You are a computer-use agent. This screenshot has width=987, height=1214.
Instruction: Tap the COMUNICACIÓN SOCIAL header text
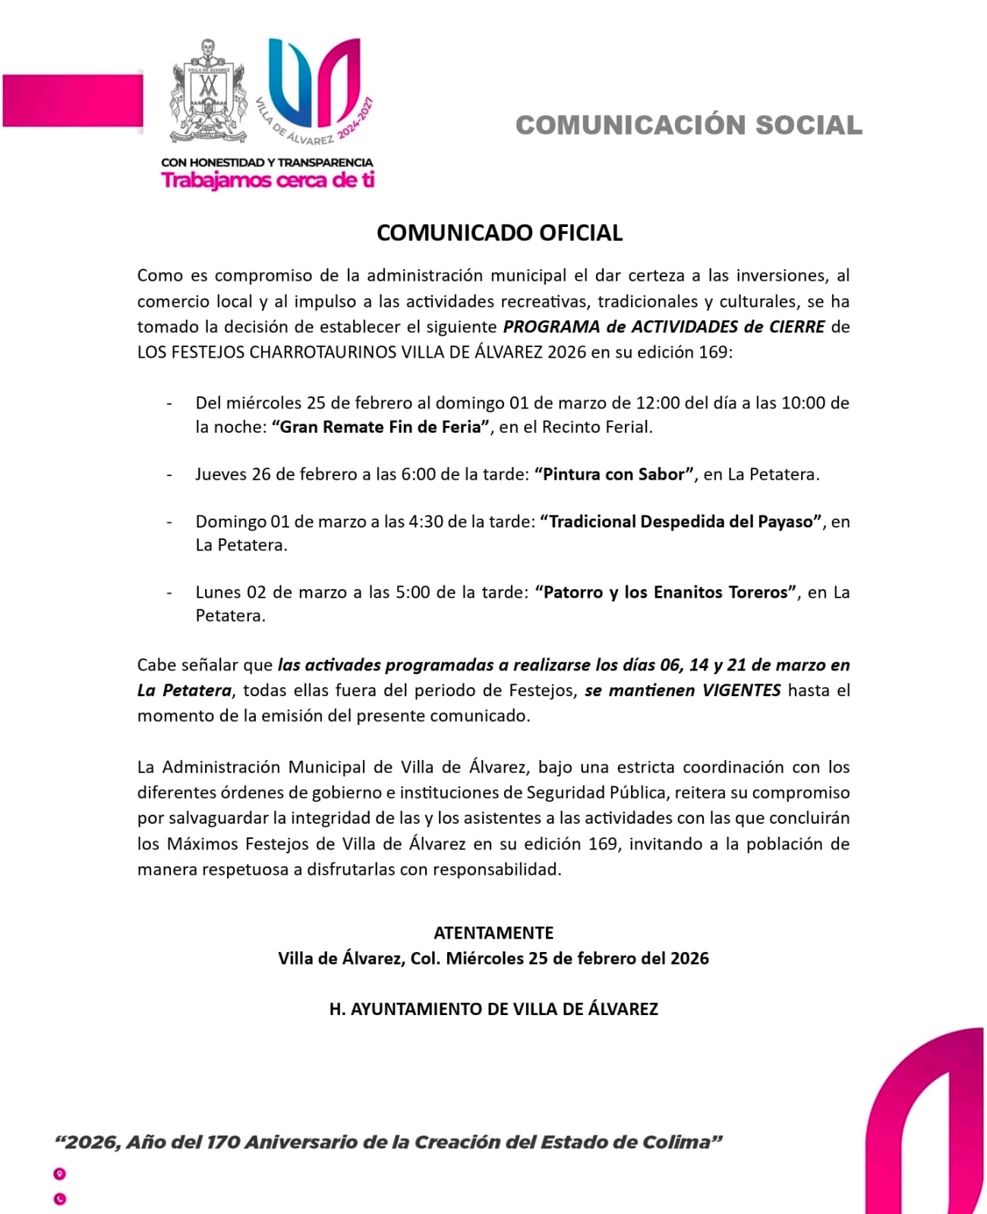point(689,125)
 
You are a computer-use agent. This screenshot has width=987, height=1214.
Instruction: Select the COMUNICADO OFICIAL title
point(499,233)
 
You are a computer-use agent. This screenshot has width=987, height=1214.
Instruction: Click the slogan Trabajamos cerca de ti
point(268,181)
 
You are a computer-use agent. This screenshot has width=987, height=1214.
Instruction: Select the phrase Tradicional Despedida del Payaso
point(681,522)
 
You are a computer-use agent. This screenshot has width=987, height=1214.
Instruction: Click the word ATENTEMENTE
point(493,932)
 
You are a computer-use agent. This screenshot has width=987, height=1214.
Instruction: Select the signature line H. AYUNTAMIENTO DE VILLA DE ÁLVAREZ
point(493,1009)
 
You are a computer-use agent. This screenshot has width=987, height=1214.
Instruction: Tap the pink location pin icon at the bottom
point(60,1174)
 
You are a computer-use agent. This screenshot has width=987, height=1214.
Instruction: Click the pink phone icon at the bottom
point(60,1199)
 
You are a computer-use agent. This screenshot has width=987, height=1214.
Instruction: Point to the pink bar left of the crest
point(72,101)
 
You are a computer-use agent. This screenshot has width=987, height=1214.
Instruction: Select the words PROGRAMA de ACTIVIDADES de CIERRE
point(664,327)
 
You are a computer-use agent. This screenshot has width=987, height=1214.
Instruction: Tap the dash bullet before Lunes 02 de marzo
point(169,592)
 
